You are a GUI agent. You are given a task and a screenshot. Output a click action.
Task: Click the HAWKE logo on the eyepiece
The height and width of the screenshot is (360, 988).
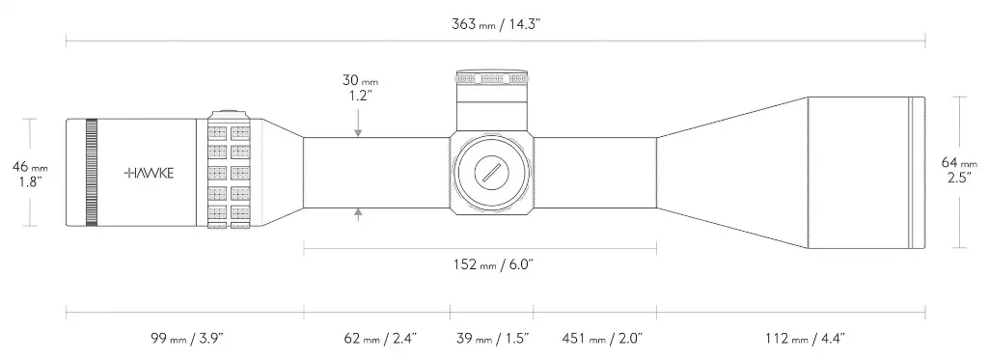(x=149, y=174)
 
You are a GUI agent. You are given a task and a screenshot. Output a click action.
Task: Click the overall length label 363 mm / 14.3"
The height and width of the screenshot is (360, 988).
(x=497, y=24)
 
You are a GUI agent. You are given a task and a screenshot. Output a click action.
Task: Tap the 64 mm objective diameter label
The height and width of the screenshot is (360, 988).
(x=960, y=170)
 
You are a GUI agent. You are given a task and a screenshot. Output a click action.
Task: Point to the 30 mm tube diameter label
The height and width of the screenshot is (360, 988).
(x=361, y=88)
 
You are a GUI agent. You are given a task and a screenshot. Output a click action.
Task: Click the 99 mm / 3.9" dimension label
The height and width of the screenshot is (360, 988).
(x=187, y=339)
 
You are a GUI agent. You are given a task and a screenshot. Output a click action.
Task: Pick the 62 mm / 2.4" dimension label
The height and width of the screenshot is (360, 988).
(x=380, y=339)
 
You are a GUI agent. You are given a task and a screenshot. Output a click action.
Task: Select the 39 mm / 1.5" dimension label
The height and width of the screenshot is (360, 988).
(x=492, y=339)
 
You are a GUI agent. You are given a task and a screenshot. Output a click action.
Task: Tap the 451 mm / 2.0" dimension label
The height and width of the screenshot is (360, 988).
(x=602, y=339)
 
